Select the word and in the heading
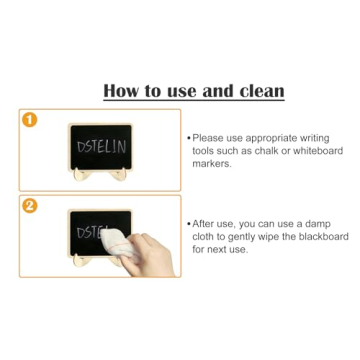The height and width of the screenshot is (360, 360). tap(217, 91)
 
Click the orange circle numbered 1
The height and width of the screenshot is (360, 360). tap(29, 120)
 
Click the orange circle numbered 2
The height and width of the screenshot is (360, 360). tap(29, 205)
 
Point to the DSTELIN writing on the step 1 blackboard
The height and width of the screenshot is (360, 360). tap(101, 146)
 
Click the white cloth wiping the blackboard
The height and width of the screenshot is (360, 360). tap(116, 240)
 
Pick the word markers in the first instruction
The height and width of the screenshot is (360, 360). tap(211, 164)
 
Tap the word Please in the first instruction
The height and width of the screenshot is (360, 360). tap(208, 138)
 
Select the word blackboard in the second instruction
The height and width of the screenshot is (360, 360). tap(325, 237)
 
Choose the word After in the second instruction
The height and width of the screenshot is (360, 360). tap(204, 224)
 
